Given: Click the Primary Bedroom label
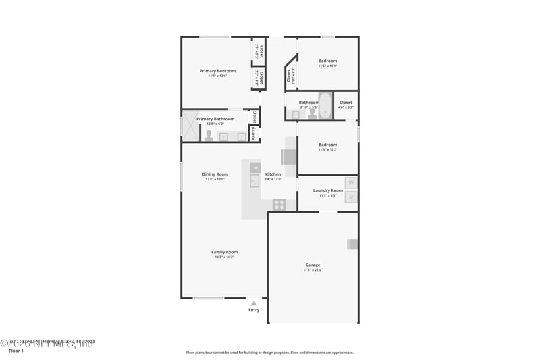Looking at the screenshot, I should point(217,71).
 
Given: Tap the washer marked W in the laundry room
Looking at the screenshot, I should point(351,182).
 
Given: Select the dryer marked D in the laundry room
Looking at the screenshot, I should point(351,197).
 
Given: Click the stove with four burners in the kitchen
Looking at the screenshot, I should point(279,204).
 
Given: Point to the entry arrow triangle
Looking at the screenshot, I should point(254,303).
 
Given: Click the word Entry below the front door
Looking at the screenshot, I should point(254,310).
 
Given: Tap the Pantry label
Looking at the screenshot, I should point(254,134).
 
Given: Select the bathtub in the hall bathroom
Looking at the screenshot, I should point(325,105).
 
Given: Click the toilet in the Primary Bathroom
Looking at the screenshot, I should point(209,135).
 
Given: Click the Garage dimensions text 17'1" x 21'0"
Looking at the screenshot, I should point(313,270).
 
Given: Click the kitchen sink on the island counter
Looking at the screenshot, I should point(254,180).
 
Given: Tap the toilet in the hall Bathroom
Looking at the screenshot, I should point(312,113).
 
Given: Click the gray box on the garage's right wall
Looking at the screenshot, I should point(352,245).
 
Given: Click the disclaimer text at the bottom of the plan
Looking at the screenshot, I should point(269,352).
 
